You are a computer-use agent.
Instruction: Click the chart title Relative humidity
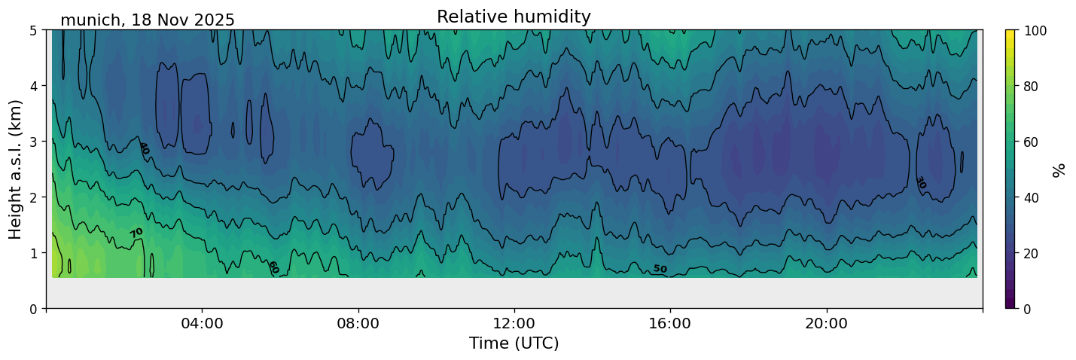pos(514,17)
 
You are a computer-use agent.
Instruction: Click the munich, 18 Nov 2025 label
pos(148,20)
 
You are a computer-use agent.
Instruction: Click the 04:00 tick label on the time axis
pos(203,323)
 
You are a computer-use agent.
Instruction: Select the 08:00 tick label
pos(358,323)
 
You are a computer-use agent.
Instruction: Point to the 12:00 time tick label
pos(514,323)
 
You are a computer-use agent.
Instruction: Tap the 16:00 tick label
pos(670,323)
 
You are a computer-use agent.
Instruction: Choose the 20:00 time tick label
pos(827,323)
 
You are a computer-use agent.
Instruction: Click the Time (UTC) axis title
pos(514,343)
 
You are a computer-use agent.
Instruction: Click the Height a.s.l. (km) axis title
pos(16,169)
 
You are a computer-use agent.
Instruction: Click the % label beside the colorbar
pos(1059,169)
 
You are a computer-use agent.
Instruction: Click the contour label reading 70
pos(136,233)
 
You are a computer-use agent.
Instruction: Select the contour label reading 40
pos(144,148)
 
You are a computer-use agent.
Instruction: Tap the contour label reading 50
pos(660,269)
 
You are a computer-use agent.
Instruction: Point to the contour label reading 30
pos(920,182)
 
